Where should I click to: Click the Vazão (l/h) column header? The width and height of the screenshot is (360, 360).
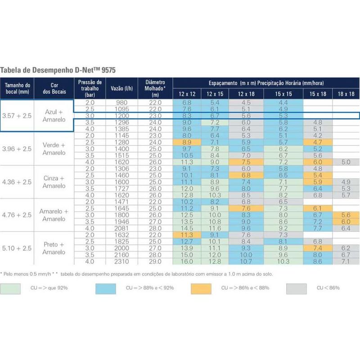[x=123, y=88]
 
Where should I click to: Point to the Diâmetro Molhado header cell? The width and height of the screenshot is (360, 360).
[x=155, y=88]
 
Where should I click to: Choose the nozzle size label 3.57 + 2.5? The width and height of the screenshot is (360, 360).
[x=17, y=116]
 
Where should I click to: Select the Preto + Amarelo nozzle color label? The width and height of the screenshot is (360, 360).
[x=54, y=248]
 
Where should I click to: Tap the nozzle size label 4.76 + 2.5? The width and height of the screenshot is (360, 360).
[x=17, y=215]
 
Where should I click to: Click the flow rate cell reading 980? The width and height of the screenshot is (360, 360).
[x=123, y=103]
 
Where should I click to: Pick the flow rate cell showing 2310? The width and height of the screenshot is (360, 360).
[x=123, y=261]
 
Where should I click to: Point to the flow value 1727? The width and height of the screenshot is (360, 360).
[x=123, y=189]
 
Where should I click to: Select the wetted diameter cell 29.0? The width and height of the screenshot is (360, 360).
[x=155, y=261]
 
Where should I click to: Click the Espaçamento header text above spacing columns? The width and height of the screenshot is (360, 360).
[x=265, y=83]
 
